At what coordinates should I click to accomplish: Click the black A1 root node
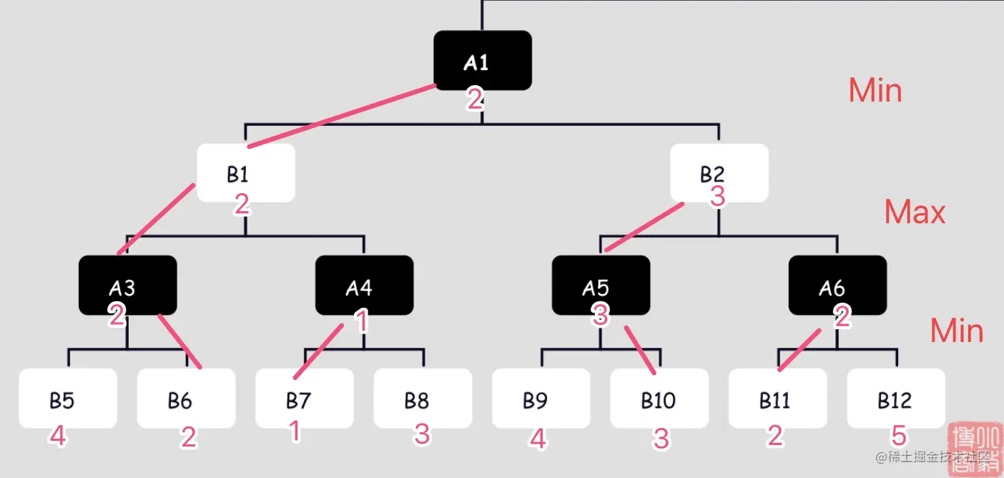point(483,60)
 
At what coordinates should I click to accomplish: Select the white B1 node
point(246,172)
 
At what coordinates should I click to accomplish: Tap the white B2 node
point(719,172)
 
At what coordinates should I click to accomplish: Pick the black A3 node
point(127,285)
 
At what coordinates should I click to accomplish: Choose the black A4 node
point(364,285)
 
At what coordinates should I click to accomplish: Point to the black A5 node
point(601,285)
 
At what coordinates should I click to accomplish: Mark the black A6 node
point(837,285)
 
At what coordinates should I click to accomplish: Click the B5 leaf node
point(68,398)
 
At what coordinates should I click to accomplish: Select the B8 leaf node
point(423,398)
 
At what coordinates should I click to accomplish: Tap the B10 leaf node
point(659,398)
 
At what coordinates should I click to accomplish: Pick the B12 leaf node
point(896,398)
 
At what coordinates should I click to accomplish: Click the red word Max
point(915,212)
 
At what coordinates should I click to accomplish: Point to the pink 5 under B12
point(899,435)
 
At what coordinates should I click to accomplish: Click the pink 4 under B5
point(58,436)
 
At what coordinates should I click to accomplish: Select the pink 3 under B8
point(422,434)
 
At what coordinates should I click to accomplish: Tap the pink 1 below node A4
point(362,322)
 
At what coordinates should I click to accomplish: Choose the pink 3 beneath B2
point(718,196)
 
